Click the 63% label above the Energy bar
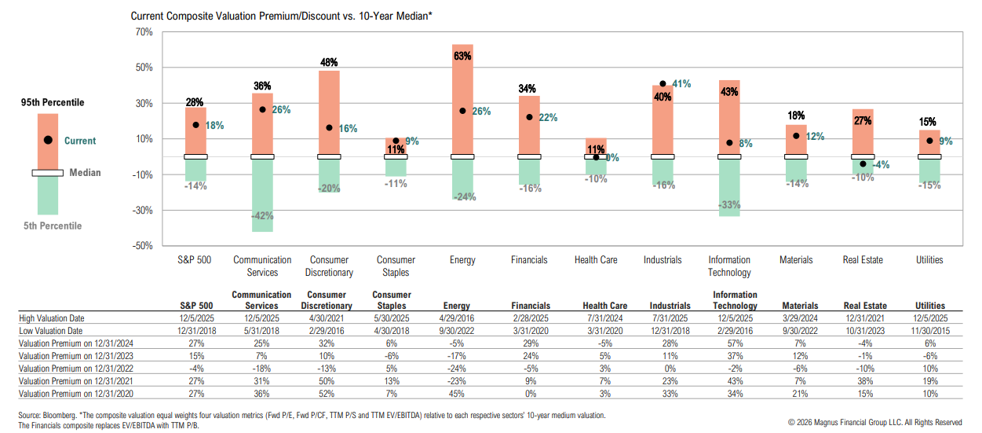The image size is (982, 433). click(462, 57)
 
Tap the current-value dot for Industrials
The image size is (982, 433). click(663, 83)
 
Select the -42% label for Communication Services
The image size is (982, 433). click(263, 216)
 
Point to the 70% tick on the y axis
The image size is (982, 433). click(143, 32)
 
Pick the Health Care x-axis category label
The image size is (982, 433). click(596, 260)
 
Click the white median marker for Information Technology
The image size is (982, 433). click(729, 157)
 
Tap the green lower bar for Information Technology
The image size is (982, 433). click(729, 189)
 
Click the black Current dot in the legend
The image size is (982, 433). click(48, 140)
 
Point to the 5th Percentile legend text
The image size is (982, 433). click(52, 226)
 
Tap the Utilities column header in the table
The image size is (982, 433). click(929, 306)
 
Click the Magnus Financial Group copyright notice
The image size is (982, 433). click(874, 422)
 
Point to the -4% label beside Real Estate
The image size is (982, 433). click(880, 165)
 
